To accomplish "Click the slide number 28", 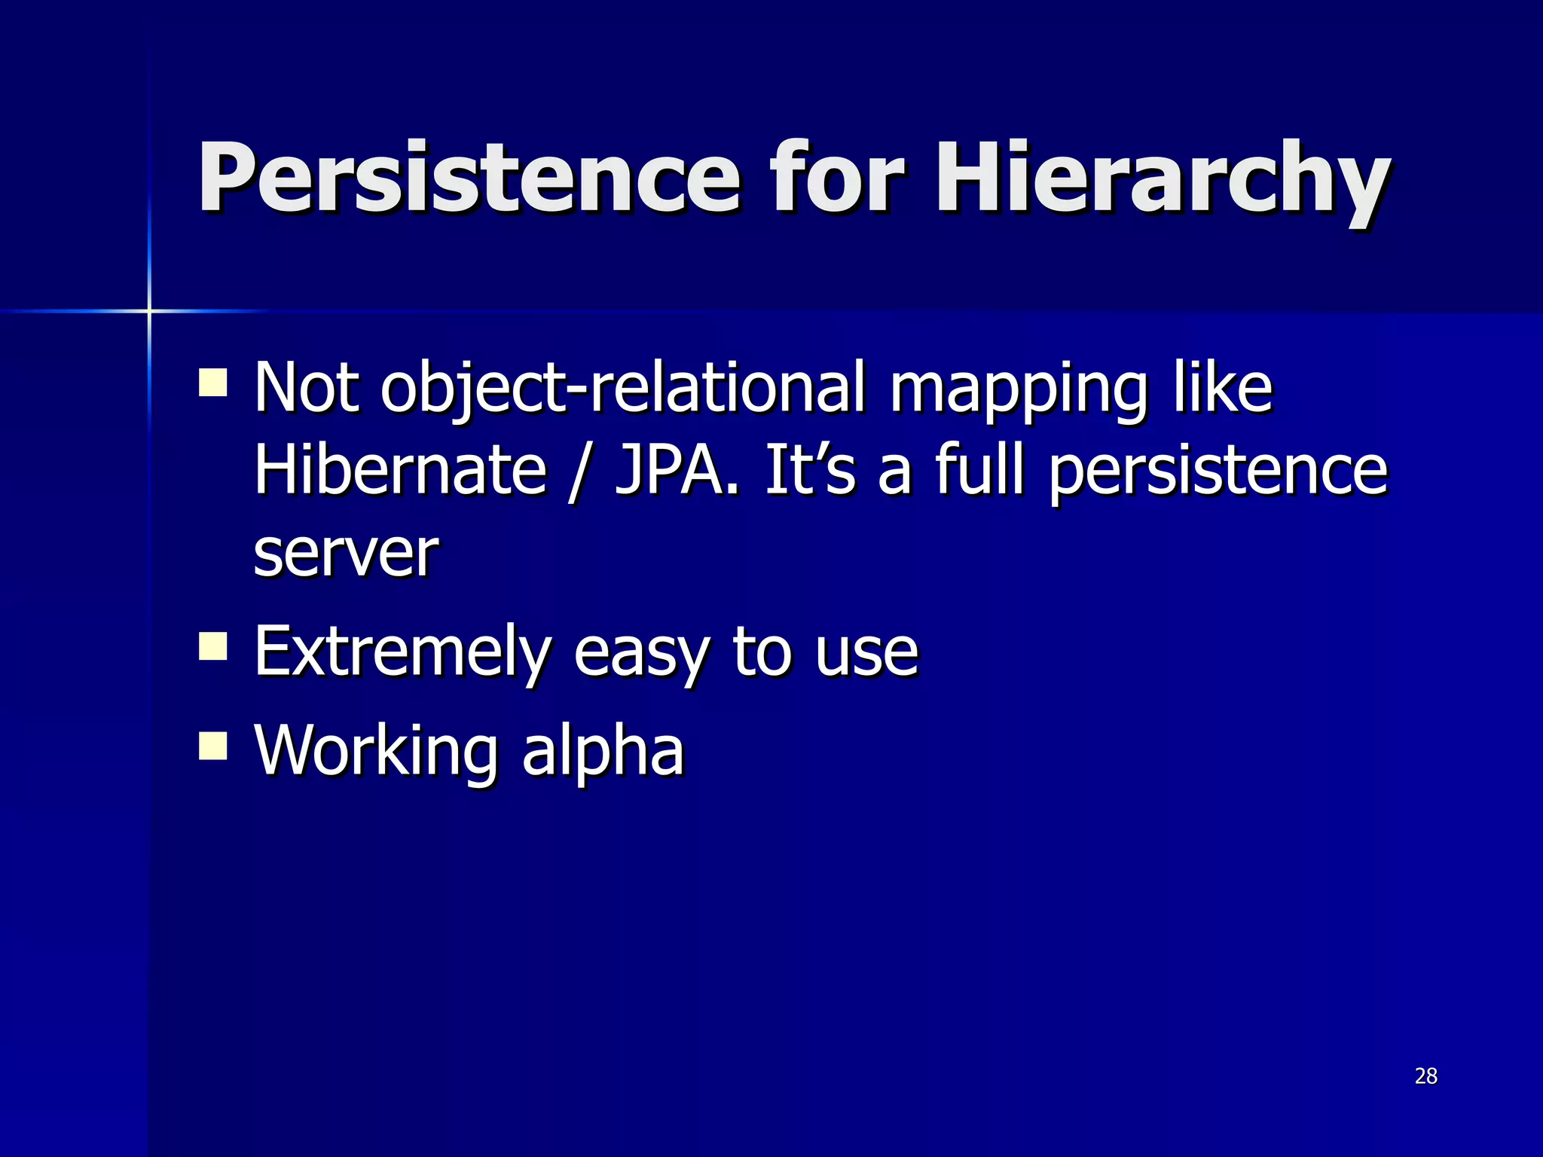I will click(x=1425, y=1076).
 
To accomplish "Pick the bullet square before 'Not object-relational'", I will click(x=213, y=382).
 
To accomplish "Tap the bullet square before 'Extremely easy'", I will click(x=213, y=646).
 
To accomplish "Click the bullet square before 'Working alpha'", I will click(x=213, y=746).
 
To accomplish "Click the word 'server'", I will click(x=346, y=554).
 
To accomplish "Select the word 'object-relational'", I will click(x=622, y=390).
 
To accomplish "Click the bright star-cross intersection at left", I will click(x=149, y=310).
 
